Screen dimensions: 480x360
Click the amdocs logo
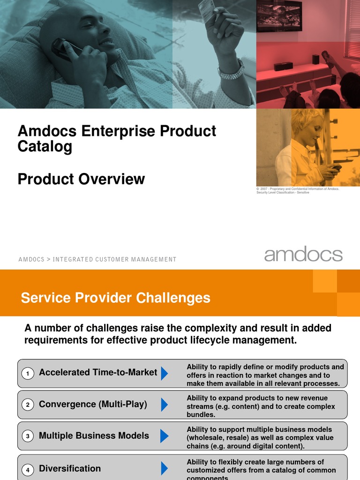click(303, 255)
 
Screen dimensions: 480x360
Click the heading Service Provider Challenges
click(116, 298)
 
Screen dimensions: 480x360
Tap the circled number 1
click(28, 373)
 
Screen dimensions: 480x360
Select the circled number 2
click(28, 405)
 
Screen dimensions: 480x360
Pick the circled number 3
click(28, 436)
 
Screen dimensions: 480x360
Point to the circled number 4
click(28, 469)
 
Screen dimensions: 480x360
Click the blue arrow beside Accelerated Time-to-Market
click(164, 373)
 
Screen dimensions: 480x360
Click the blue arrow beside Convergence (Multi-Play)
click(164, 405)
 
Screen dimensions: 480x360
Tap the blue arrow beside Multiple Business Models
click(164, 436)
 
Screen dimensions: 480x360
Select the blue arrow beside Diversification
click(164, 468)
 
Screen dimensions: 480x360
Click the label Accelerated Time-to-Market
click(98, 373)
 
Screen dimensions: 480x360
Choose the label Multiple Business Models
click(94, 436)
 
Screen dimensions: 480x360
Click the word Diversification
click(70, 468)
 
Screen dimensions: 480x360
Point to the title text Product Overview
click(81, 179)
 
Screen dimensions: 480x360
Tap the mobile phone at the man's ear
click(62, 48)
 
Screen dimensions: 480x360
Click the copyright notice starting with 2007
click(298, 190)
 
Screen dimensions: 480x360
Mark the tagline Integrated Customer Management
click(114, 259)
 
